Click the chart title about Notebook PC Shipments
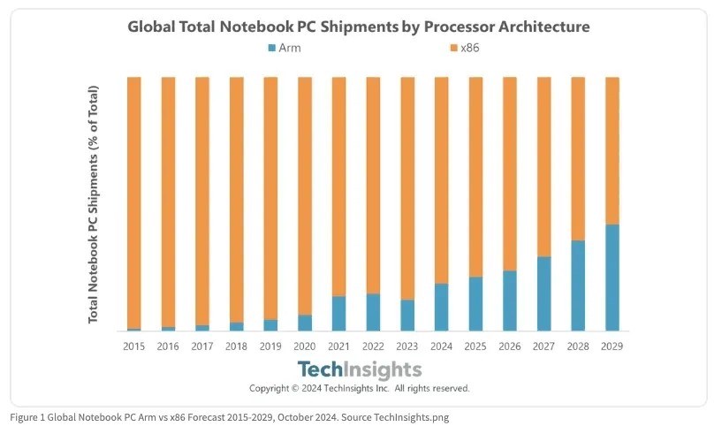[x=358, y=27]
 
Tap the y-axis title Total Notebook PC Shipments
[x=94, y=204]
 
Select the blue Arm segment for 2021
[x=338, y=314]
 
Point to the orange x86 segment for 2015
[x=134, y=202]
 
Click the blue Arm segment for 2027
[x=543, y=293]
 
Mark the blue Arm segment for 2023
[x=407, y=316]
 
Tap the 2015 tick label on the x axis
[x=134, y=346]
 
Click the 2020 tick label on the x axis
[x=304, y=346]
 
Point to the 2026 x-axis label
[x=509, y=346]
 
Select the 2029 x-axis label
[x=612, y=346]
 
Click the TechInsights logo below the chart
[x=359, y=369]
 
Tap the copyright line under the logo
[x=359, y=388]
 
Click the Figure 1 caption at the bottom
[x=230, y=417]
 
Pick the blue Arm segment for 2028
[x=577, y=286]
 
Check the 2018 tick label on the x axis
[x=236, y=346]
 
